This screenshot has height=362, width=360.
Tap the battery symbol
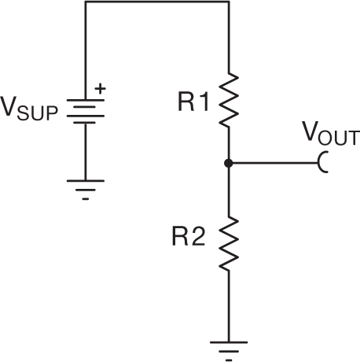pyautogui.click(x=85, y=111)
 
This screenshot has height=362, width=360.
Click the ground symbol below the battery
pyautogui.click(x=85, y=185)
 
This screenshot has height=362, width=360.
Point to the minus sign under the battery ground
pyautogui.click(x=85, y=199)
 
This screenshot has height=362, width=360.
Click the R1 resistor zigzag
pyautogui.click(x=228, y=99)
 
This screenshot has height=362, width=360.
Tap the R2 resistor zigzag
pyautogui.click(x=228, y=245)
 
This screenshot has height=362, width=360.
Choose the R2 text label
pyautogui.click(x=189, y=237)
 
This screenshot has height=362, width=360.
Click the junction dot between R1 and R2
pyautogui.click(x=228, y=164)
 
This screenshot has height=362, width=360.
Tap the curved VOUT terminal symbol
pyautogui.click(x=323, y=164)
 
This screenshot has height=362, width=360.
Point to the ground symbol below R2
pyautogui.click(x=228, y=345)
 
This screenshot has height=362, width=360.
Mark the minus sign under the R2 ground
pyautogui.click(x=228, y=359)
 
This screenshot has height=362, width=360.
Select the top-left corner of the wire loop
pyautogui.click(x=85, y=2)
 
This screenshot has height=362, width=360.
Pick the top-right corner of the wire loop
pyautogui.click(x=228, y=2)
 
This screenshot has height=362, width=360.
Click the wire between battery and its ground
pyautogui.click(x=85, y=153)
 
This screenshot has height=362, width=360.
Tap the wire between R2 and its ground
pyautogui.click(x=228, y=307)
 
